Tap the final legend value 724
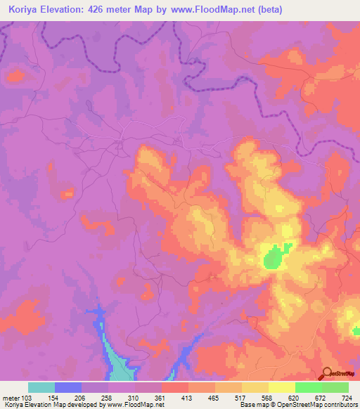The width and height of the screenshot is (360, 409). [346, 397]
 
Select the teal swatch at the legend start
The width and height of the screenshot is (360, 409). [41, 387]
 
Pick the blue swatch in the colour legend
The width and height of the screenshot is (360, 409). [68, 387]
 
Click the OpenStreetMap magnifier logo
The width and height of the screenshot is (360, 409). [327, 373]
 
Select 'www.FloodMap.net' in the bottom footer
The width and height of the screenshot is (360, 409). [143, 405]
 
